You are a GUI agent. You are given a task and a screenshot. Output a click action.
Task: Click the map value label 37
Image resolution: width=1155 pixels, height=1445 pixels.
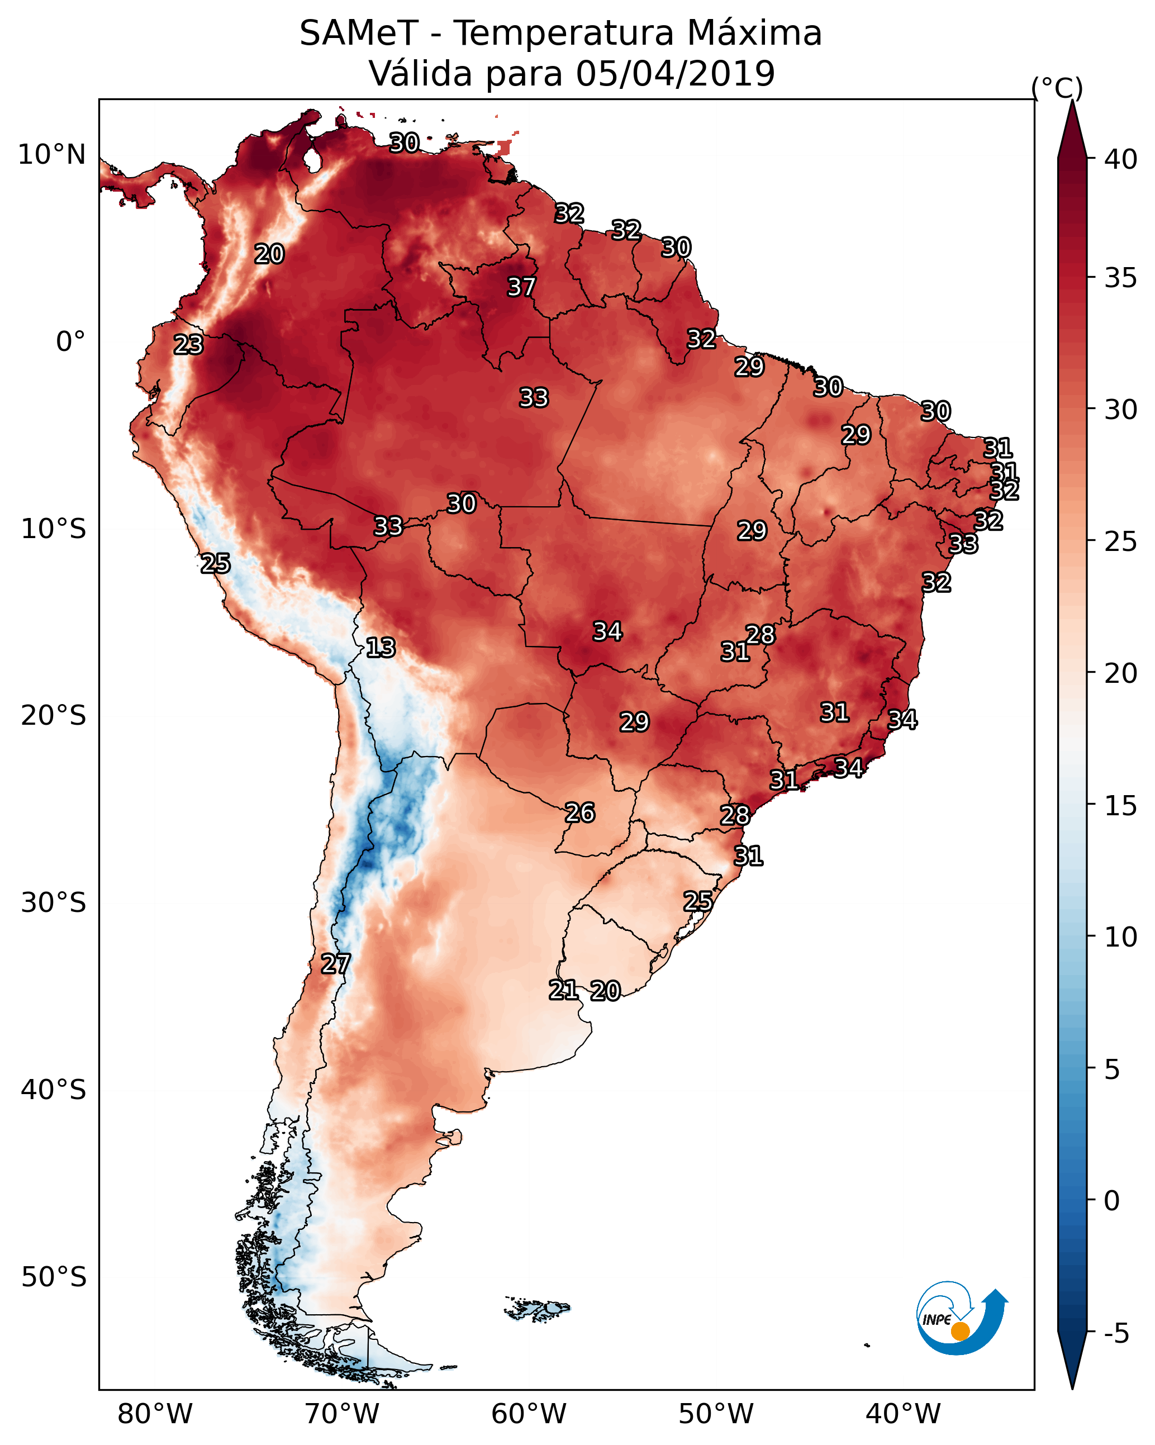521,287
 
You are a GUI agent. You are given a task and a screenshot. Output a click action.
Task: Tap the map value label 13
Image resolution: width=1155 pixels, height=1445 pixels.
380,648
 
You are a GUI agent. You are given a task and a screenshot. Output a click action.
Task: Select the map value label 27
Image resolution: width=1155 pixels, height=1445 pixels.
335,964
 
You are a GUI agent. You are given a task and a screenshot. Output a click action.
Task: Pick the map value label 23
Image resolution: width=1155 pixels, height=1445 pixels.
188,345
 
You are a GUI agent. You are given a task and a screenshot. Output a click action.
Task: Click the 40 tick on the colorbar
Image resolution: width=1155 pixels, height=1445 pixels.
1120,159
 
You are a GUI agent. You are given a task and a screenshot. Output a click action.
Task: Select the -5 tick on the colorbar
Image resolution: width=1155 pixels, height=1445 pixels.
1116,1334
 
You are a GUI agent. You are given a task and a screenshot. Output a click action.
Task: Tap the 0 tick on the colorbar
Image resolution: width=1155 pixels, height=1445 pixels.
1111,1201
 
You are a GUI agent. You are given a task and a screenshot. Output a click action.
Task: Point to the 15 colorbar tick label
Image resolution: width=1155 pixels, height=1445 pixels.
1120,806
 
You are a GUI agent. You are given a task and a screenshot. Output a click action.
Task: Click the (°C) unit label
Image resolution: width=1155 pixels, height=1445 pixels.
1057,88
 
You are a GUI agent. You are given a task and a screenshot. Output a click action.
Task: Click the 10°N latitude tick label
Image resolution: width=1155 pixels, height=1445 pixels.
51,155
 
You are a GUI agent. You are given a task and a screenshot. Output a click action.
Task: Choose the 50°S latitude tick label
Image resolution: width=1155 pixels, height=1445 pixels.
54,1277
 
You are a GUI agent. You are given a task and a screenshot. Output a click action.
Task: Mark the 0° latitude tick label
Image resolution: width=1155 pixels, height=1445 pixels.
70,342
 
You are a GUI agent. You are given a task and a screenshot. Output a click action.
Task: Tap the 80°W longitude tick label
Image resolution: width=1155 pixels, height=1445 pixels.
155,1414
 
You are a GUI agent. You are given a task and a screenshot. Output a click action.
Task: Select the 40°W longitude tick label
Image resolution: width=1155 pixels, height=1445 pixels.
903,1414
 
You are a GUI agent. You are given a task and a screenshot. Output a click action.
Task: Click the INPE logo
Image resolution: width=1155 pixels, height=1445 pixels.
961,1320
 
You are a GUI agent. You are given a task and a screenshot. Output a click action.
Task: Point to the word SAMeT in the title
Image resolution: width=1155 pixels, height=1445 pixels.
359,34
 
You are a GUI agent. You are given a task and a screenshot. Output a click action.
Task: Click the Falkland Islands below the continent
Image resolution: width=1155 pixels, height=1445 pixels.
537,1308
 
